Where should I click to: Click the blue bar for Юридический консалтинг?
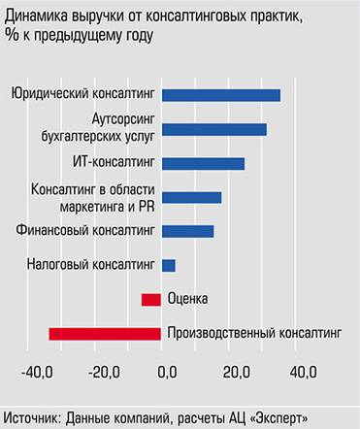click(221, 95)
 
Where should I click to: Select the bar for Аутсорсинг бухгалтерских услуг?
click(214, 130)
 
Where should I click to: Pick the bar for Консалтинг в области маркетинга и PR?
click(191, 197)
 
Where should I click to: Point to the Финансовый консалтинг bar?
click(187, 231)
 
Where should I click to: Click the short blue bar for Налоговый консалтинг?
click(168, 265)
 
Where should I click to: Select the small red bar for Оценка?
click(150, 299)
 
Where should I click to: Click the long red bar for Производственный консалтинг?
click(105, 334)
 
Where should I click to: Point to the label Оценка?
click(187, 299)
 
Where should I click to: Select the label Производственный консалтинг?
click(255, 334)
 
